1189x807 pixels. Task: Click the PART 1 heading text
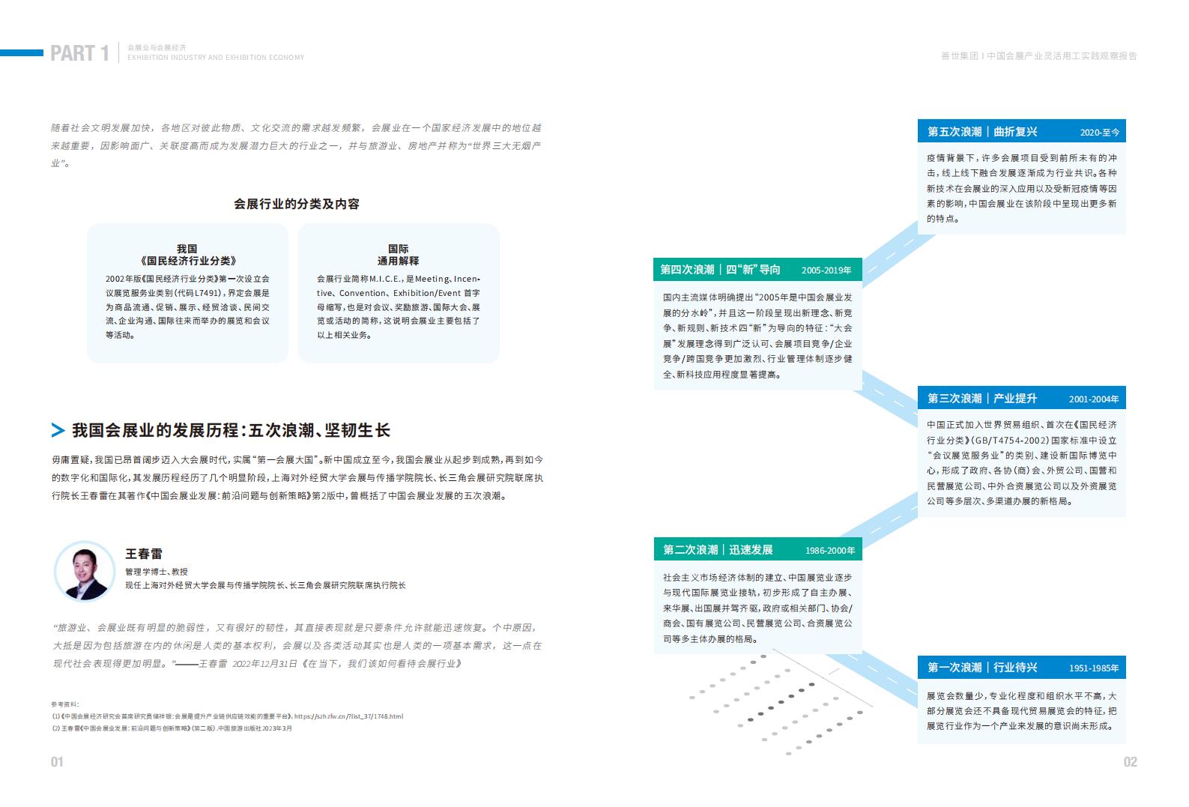(x=79, y=54)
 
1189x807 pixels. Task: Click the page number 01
(x=57, y=762)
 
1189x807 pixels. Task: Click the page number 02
(x=1130, y=762)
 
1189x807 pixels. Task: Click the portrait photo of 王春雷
(x=85, y=571)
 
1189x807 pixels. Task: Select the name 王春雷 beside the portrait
(x=143, y=554)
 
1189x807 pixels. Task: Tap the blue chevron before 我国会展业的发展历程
(x=58, y=430)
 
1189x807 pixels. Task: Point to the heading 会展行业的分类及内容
(x=297, y=204)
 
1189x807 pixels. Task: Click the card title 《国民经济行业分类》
(x=187, y=261)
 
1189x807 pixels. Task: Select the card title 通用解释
(x=398, y=261)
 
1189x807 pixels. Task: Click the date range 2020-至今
(x=1099, y=132)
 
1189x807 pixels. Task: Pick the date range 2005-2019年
(x=826, y=270)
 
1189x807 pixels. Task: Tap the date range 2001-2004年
(x=1093, y=399)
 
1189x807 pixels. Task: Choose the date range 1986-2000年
(x=830, y=551)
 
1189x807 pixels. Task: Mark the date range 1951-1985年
(x=1093, y=668)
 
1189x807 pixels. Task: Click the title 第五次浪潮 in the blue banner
(x=954, y=132)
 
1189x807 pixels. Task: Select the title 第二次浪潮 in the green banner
(x=690, y=549)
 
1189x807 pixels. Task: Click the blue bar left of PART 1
(x=22, y=52)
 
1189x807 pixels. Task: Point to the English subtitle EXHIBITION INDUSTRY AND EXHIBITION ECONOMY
(x=216, y=58)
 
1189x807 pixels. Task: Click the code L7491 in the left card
(x=207, y=293)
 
